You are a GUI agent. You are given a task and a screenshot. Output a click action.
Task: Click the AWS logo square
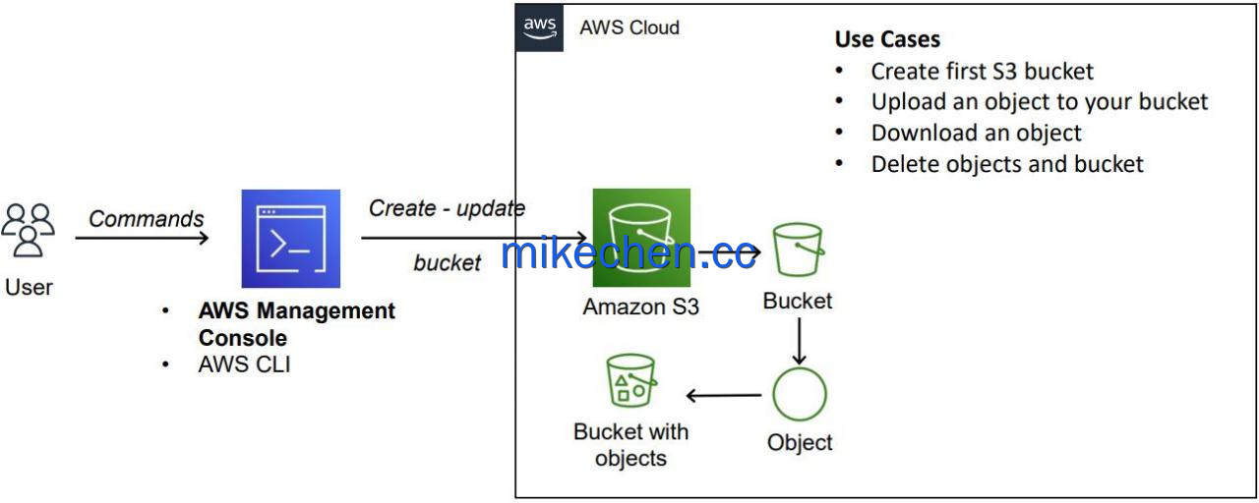(539, 28)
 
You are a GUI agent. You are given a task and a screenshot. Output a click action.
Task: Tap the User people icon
(29, 230)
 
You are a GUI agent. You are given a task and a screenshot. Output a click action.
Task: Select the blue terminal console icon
(290, 239)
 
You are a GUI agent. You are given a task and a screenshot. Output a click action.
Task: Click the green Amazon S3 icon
(641, 238)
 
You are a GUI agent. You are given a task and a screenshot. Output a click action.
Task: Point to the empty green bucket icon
(798, 250)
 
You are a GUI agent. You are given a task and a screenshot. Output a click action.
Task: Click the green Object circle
(800, 394)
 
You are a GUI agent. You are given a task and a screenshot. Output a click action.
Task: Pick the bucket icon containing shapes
(631, 380)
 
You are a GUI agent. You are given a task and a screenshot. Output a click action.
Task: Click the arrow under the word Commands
(142, 238)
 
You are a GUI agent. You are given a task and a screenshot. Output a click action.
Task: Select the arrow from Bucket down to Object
(800, 341)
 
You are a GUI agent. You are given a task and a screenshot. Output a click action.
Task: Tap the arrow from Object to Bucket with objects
(724, 395)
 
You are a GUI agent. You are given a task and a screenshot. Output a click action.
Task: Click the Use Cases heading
(887, 39)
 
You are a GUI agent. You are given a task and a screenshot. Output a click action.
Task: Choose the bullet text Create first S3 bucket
(982, 72)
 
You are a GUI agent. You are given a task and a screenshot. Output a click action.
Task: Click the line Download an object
(976, 133)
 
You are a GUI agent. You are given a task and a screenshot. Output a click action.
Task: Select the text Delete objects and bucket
(1007, 164)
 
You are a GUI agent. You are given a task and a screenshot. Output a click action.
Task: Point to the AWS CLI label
(245, 364)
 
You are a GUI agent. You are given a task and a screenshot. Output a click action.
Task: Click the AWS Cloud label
(629, 28)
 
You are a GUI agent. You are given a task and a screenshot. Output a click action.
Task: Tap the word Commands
(147, 218)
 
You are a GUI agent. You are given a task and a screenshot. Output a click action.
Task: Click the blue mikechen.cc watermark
(628, 253)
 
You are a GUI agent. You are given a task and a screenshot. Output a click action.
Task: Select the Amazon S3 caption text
(640, 307)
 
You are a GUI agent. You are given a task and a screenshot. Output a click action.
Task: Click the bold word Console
(243, 338)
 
